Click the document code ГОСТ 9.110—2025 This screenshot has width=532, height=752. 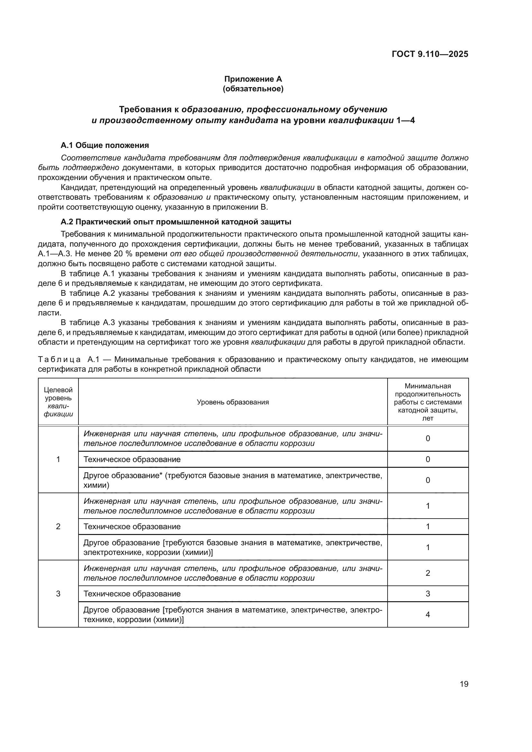coord(430,54)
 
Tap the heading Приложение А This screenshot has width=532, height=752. coord(253,79)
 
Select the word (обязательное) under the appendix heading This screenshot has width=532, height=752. coord(253,89)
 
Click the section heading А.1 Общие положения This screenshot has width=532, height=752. coord(105,145)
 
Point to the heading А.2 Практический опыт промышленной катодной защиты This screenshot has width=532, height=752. coord(176,222)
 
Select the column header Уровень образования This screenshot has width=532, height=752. coord(233,402)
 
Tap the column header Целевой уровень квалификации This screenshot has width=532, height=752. coord(58,402)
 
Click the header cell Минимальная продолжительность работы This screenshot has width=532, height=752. coord(427,402)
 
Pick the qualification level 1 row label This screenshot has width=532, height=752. coord(58,459)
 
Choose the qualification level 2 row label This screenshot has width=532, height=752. coord(58,526)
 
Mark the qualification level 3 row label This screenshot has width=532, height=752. coord(58,593)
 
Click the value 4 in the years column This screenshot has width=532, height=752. coord(427,614)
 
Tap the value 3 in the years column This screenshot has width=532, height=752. coord(427,593)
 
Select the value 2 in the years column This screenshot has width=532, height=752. coord(427,573)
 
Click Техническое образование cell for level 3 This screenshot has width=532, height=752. coord(132,593)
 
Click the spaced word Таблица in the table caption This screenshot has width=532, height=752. coord(59,360)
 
